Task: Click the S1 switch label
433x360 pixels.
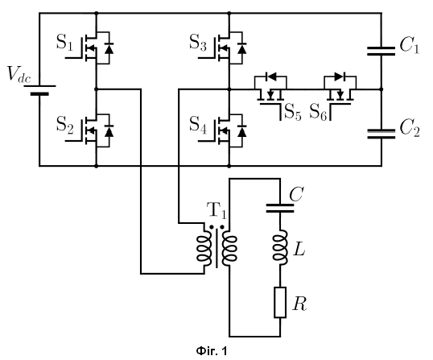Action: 65,42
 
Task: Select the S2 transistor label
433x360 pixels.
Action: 65,124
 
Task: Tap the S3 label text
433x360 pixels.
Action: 198,42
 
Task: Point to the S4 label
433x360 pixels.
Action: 198,124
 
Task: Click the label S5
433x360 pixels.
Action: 293,112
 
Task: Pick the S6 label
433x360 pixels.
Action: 319,112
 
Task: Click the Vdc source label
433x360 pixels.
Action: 19,74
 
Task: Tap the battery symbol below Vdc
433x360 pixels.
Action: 39,90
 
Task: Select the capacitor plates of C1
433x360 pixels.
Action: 381,51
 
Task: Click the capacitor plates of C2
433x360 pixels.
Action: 381,134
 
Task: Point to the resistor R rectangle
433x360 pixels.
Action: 280,302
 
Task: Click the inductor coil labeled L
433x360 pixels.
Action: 280,248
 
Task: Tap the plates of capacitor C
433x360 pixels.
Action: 280,209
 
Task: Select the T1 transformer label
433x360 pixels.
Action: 216,210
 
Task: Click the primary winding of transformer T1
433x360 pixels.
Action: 204,248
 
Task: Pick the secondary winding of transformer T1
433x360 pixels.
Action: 229,248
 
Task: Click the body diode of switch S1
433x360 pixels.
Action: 109,48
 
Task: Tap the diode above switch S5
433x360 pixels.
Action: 271,77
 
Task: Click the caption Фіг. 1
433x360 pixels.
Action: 212,351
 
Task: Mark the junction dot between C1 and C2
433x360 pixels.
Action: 381,89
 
